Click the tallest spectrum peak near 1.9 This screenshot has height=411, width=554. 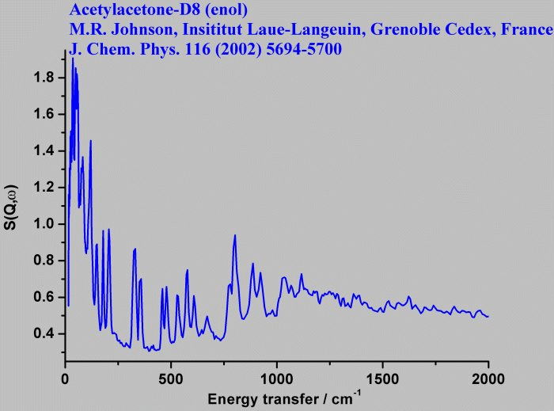tap(72, 59)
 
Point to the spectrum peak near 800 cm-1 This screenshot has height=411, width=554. tap(235, 236)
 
